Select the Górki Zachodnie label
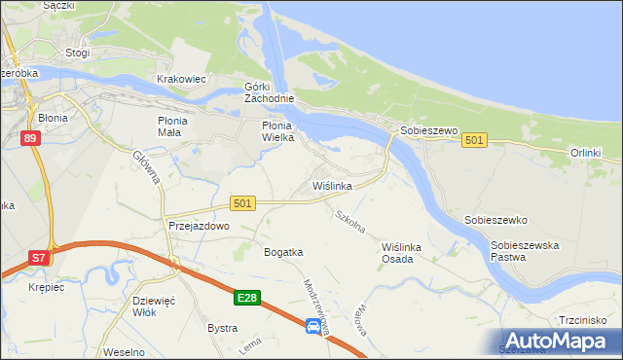point(269,92)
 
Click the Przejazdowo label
point(199,225)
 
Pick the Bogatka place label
point(283,252)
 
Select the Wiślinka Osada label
point(403,253)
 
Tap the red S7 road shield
point(37,258)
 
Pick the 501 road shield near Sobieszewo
point(474,141)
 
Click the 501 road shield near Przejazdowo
point(243,202)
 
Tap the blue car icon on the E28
point(312,328)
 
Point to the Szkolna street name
point(349,222)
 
